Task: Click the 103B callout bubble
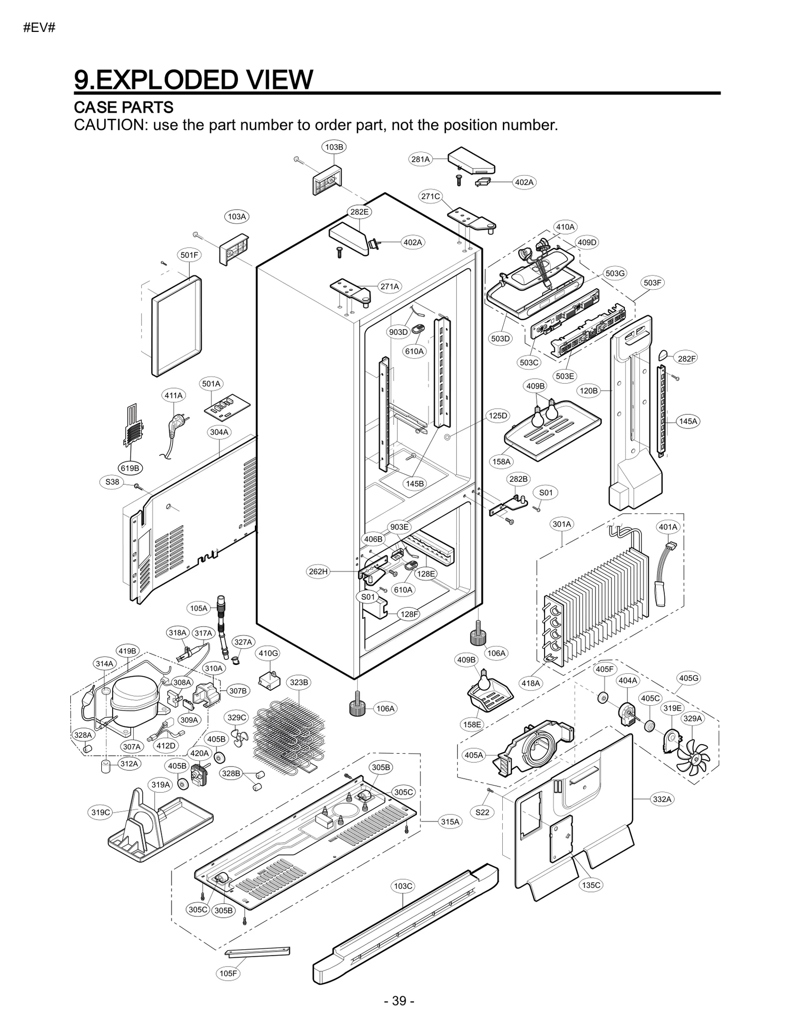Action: coord(334,147)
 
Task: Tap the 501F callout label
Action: coord(189,255)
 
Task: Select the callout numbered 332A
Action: coord(662,799)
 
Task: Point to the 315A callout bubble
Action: coord(450,821)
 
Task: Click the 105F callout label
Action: coord(228,973)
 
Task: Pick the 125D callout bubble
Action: coord(497,415)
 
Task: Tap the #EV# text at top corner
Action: coord(39,28)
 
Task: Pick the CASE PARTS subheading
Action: coord(123,107)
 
